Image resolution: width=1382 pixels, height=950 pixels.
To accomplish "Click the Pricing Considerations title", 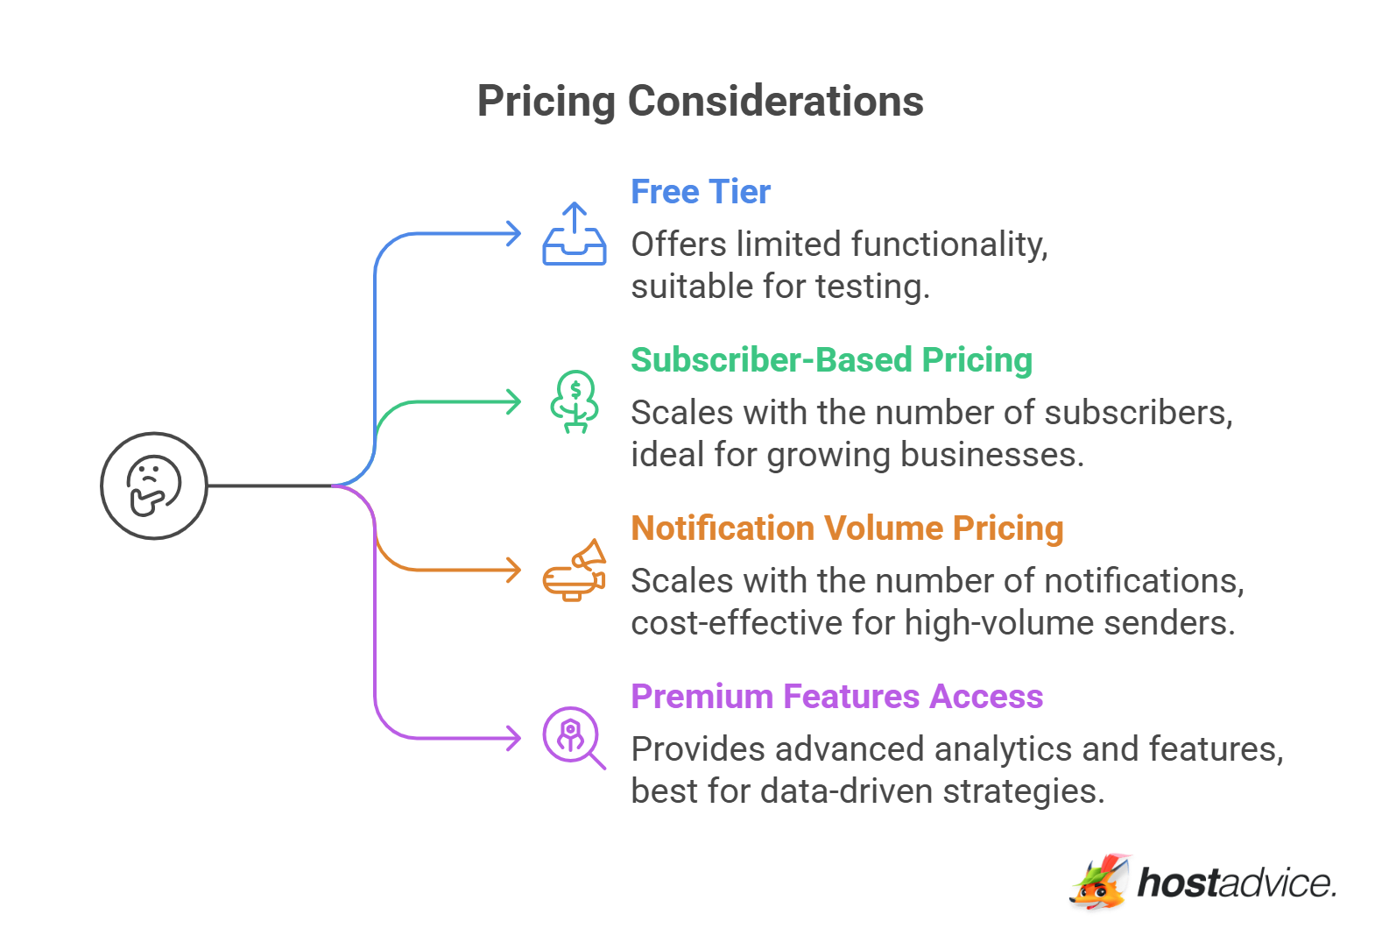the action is pyautogui.click(x=701, y=102).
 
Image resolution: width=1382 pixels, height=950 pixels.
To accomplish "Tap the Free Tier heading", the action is pyautogui.click(x=701, y=191).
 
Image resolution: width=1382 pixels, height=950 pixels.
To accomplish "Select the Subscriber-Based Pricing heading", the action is pyautogui.click(x=831, y=360).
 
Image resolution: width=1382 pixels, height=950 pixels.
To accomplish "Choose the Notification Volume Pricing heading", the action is pyautogui.click(x=847, y=528).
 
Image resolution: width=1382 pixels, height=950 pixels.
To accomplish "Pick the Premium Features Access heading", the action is pyautogui.click(x=836, y=697).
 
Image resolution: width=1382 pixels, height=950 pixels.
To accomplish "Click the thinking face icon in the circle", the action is pyautogui.click(x=153, y=486).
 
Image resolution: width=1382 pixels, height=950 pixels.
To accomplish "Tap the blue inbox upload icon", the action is pyautogui.click(x=575, y=234).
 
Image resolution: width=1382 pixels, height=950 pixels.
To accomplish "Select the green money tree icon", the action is pyautogui.click(x=575, y=402).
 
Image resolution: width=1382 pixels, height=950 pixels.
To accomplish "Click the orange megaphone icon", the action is pyautogui.click(x=575, y=570).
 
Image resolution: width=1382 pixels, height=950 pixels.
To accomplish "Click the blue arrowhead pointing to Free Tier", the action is pyautogui.click(x=513, y=234).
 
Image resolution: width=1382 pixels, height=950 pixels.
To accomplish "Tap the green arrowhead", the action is pyautogui.click(x=513, y=402).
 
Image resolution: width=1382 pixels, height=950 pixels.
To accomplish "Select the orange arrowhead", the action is pyautogui.click(x=513, y=570).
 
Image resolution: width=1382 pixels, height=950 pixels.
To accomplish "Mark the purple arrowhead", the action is pyautogui.click(x=513, y=738).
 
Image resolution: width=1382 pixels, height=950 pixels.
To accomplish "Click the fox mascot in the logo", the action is pyautogui.click(x=1101, y=883).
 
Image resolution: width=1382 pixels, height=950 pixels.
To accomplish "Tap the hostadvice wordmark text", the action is pyautogui.click(x=1237, y=883).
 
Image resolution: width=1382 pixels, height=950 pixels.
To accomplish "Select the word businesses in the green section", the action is pyautogui.click(x=992, y=455).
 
